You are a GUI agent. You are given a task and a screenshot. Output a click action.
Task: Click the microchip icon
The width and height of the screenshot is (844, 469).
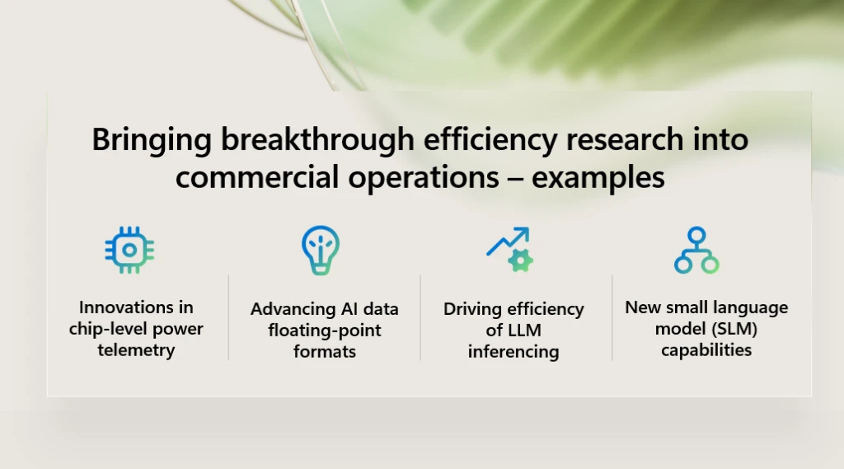(129, 250)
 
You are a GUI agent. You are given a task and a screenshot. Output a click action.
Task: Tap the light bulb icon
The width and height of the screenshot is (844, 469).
(320, 250)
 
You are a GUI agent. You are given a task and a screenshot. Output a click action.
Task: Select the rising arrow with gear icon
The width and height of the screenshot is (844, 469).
(509, 250)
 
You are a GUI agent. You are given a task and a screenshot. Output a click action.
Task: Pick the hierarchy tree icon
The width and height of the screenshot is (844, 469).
(696, 250)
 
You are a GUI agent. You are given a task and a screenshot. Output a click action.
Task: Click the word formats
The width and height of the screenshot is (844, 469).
(325, 352)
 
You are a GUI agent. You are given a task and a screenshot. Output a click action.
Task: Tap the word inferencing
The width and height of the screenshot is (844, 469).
(513, 352)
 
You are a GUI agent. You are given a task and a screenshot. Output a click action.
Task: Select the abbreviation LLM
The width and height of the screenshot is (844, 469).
(523, 331)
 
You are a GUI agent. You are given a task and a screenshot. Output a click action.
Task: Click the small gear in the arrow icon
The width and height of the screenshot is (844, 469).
(520, 261)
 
